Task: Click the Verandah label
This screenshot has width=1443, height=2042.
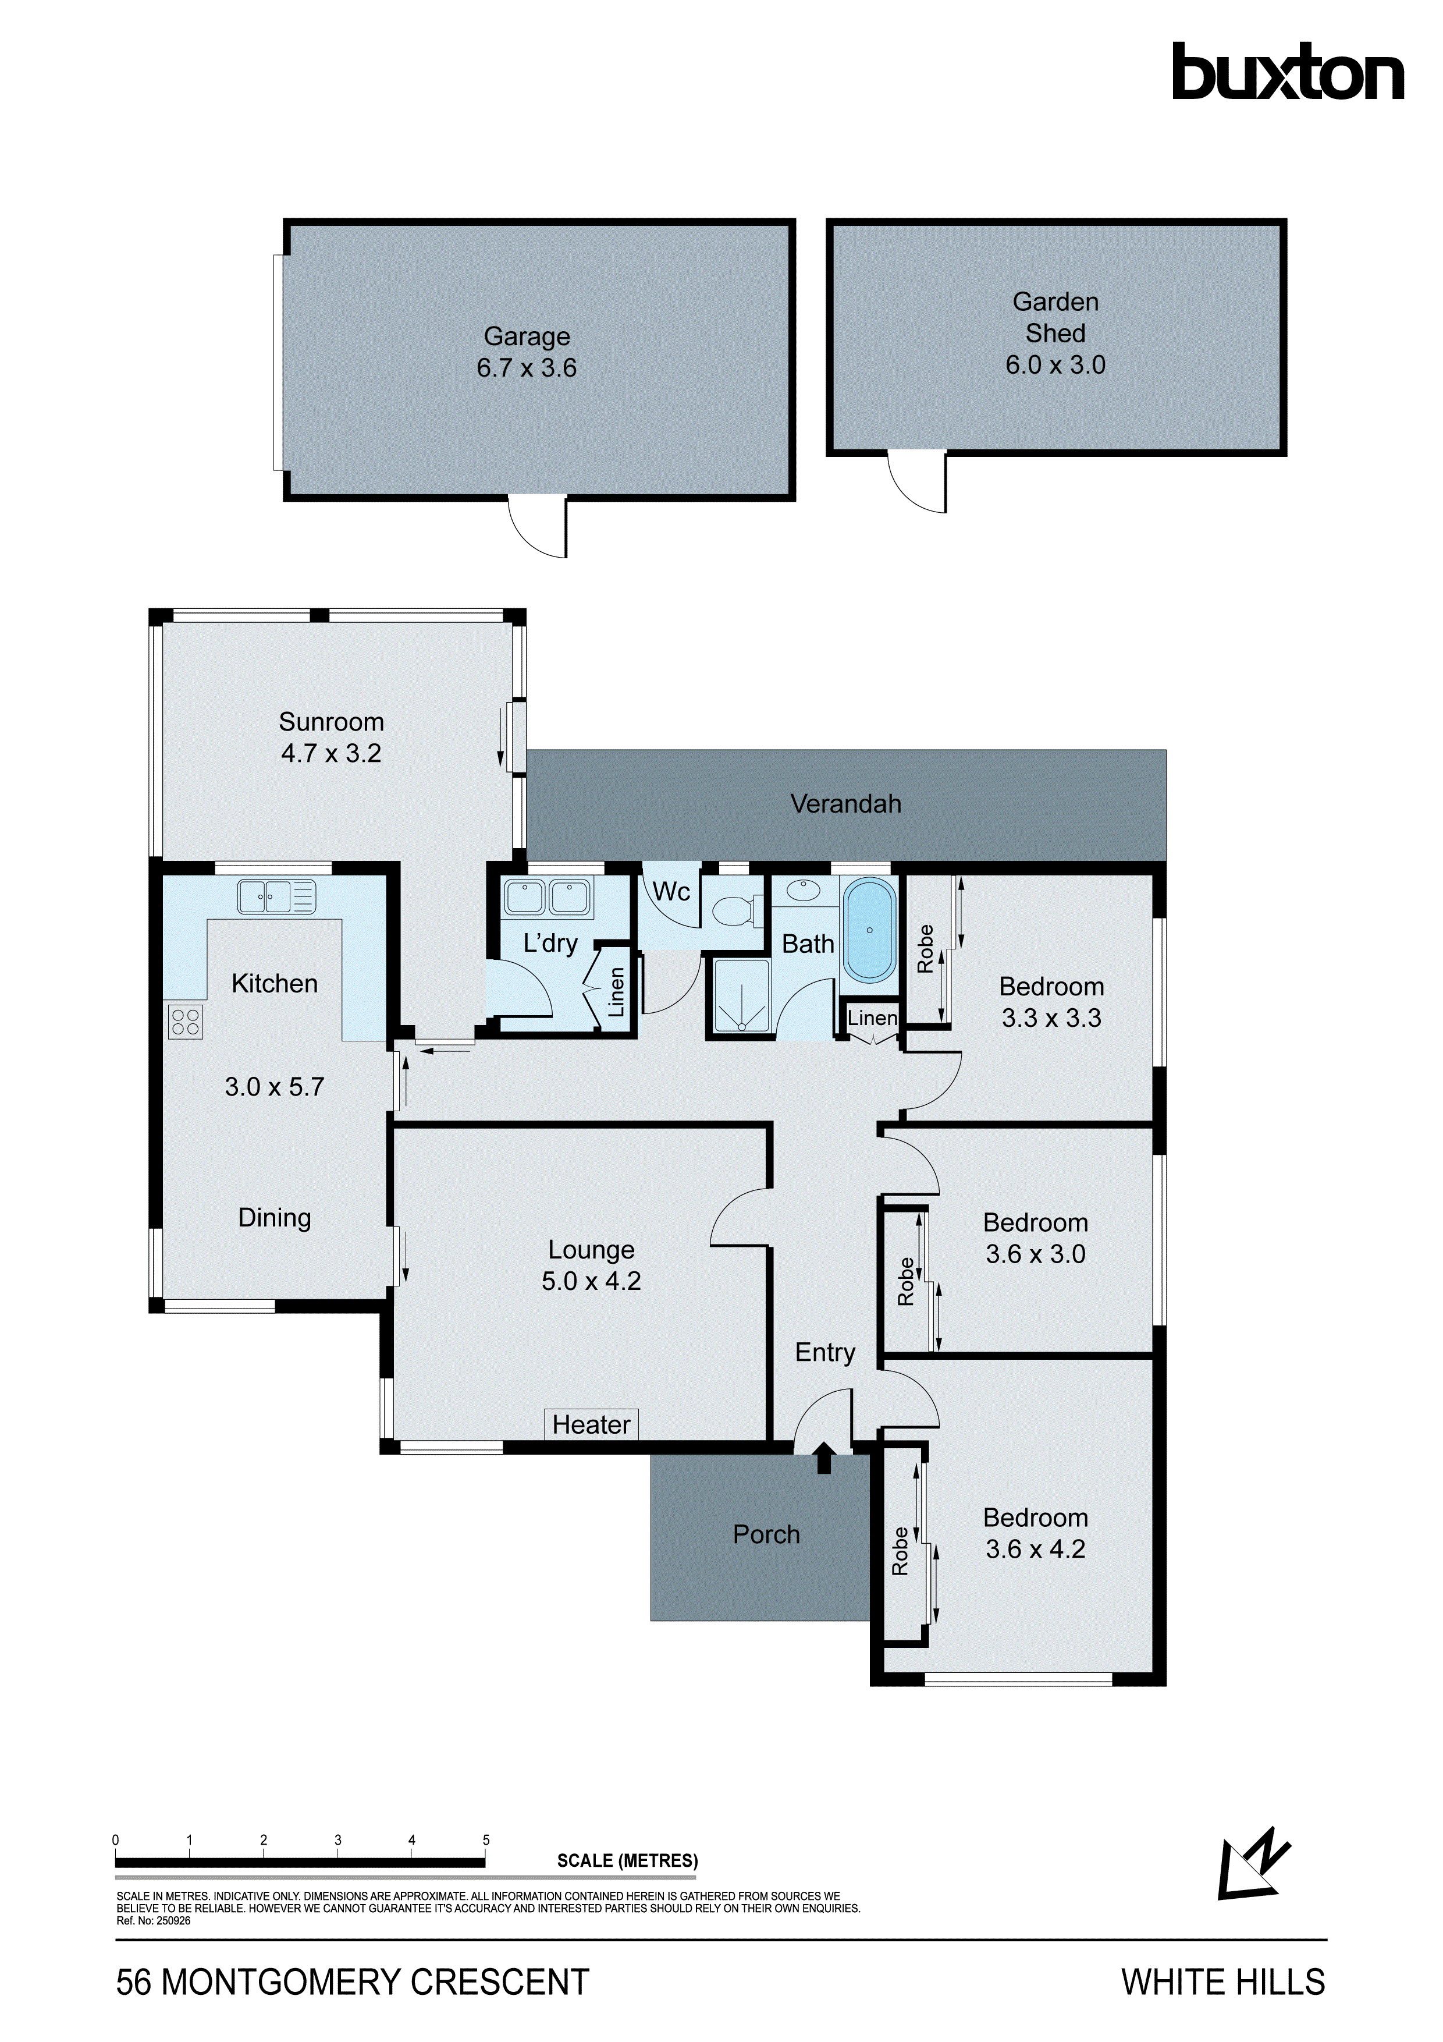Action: coord(845,804)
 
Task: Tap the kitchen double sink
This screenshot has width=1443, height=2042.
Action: coord(276,896)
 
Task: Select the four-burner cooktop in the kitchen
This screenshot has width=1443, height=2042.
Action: coord(186,1022)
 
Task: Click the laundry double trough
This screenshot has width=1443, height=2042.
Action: coord(547,898)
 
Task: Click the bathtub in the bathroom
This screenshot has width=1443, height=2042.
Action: coord(869,930)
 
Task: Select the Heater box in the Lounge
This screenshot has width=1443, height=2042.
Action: coord(591,1424)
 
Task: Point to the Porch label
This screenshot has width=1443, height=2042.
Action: coord(766,1534)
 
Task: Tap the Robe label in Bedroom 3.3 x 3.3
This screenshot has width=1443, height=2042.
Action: coord(926,949)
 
